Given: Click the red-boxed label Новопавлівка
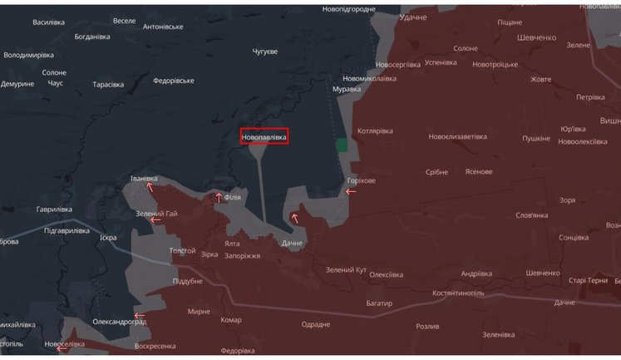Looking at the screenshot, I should click(264, 136).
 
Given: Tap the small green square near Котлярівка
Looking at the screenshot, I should click(342, 145).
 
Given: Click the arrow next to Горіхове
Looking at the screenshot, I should click(351, 192).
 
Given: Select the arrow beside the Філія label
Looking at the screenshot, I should click(219, 197).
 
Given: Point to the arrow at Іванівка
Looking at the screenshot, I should click(150, 187).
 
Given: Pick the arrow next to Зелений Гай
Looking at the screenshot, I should click(155, 220).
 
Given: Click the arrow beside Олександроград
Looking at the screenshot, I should click(140, 316).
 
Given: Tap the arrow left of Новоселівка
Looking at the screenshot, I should click(62, 348).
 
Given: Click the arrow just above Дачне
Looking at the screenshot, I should click(294, 218).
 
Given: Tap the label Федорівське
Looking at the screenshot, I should click(174, 81).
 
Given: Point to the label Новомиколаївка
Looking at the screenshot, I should click(369, 78).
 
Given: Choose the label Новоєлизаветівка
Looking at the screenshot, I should click(457, 136).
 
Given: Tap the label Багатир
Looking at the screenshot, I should click(378, 303).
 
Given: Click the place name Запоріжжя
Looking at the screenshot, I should click(243, 255).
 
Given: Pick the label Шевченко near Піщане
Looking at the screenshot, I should click(536, 37).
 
